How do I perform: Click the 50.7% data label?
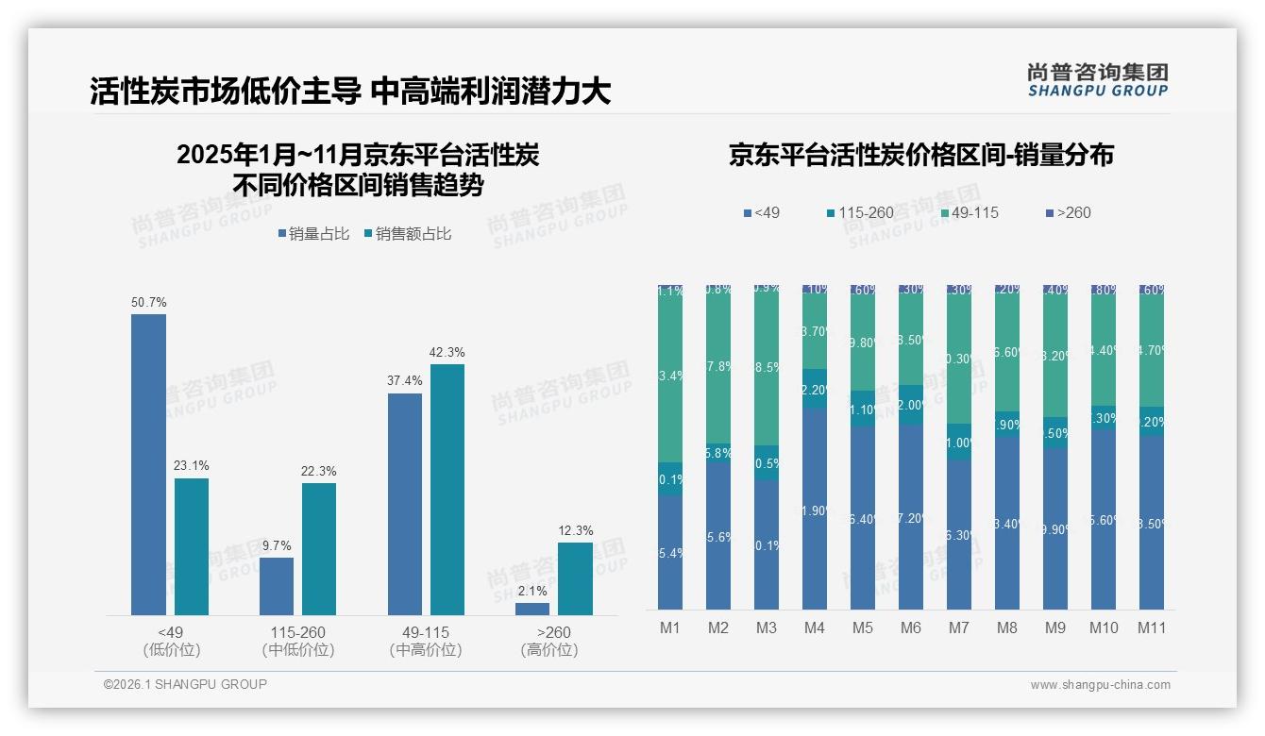(148, 303)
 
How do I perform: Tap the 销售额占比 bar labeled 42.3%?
(447, 489)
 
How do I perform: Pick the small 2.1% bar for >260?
(532, 609)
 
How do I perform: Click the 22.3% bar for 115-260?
(319, 548)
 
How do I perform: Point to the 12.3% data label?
(576, 530)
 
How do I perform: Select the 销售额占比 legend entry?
(407, 234)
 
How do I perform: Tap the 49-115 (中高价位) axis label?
(425, 641)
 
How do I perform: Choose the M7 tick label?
(959, 627)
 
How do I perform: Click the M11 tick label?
(1152, 627)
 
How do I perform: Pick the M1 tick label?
(669, 627)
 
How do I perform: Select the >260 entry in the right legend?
(1067, 212)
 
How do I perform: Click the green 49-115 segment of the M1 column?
(670, 377)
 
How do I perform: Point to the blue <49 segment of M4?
(815, 510)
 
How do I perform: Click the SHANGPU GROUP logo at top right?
(1097, 79)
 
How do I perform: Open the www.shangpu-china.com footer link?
(1100, 685)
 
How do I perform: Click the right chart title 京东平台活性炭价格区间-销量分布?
(920, 155)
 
